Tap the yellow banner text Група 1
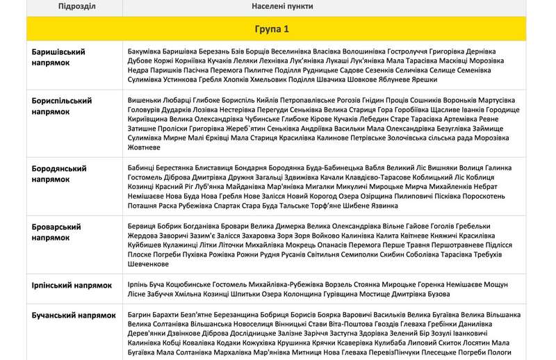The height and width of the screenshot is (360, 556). [x=277, y=31]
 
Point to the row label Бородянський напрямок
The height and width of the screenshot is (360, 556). [x=59, y=174]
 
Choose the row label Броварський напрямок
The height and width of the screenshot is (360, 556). [x=56, y=232]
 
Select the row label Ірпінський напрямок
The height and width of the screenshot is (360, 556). [x=72, y=286]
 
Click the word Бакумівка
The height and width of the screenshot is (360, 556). [x=147, y=51]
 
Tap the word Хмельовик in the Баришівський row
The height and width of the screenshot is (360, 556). [x=263, y=79]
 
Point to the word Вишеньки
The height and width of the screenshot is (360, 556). [x=147, y=100]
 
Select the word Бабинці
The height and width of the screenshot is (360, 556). [x=144, y=168]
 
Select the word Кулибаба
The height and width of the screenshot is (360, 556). [x=407, y=342]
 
